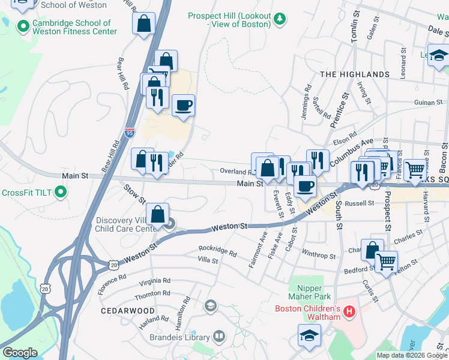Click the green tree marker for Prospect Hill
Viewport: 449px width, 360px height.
pyautogui.click(x=279, y=20)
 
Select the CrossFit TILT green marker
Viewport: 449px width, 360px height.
pyautogui.click(x=60, y=193)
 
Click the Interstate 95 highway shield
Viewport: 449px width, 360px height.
pyautogui.click(x=130, y=133)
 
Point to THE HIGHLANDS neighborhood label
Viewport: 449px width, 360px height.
pyautogui.click(x=354, y=74)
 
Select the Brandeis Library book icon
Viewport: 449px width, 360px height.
pyautogui.click(x=220, y=337)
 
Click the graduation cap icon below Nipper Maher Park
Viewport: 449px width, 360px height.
pyautogui.click(x=309, y=335)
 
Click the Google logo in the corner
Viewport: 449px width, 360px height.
pyautogui.click(x=20, y=352)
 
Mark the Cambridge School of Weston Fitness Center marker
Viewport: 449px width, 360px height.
pyautogui.click(x=23, y=26)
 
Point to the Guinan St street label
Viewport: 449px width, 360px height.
pyautogui.click(x=428, y=103)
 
